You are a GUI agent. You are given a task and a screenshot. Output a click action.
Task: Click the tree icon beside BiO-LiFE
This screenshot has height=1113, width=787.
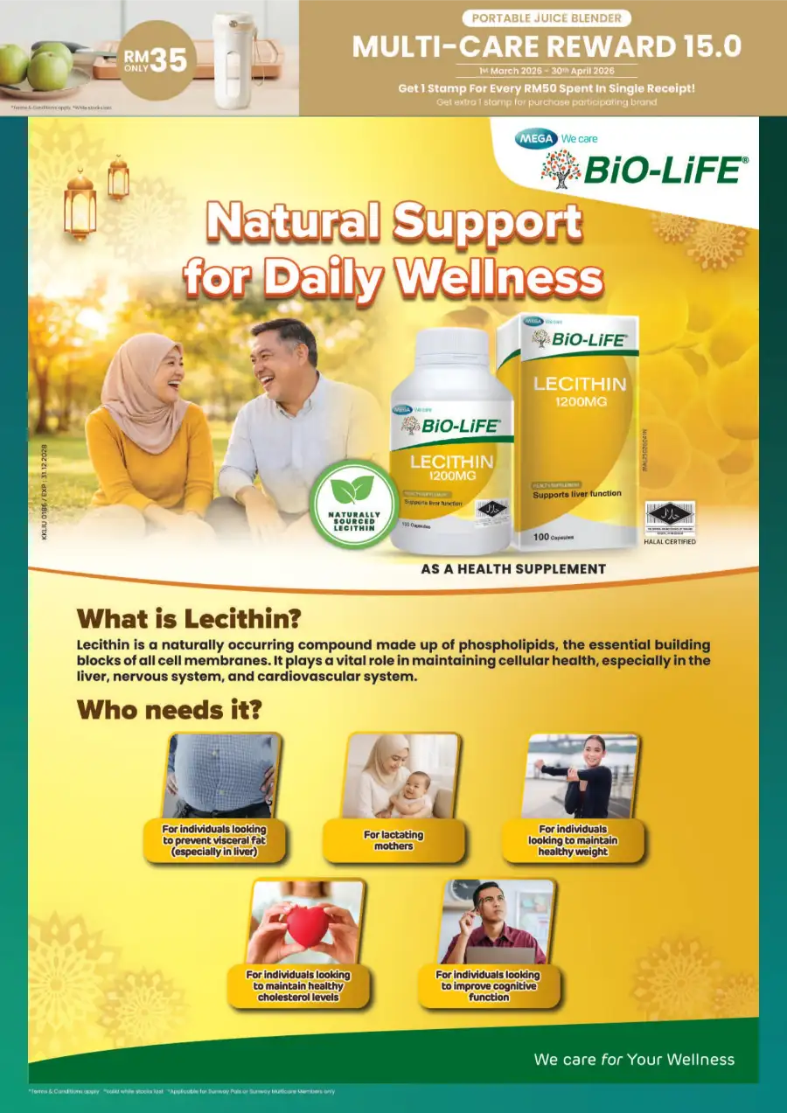tap(561, 169)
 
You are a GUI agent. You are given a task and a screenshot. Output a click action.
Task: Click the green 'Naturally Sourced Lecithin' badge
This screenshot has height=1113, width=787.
tap(353, 503)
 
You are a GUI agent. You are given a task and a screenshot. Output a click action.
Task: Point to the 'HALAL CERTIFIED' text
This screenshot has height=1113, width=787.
tap(669, 542)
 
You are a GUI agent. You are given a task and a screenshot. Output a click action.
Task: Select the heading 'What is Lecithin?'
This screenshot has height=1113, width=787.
tap(189, 619)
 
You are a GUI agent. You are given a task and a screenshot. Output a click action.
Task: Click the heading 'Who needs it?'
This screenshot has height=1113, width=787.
tap(169, 709)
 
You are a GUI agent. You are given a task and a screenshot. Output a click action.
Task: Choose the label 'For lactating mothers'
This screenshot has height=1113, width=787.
tap(393, 840)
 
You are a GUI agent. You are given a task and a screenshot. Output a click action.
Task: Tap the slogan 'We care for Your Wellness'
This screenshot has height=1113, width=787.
tap(634, 1060)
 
